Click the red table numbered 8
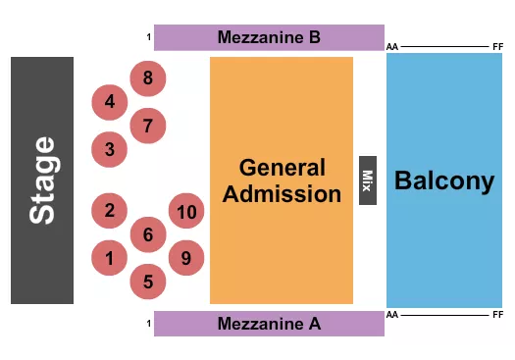tap(148, 77)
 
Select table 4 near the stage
tap(110, 101)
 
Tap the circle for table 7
tap(148, 126)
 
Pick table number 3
tap(110, 150)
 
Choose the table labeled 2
tap(110, 210)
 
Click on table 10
tap(186, 211)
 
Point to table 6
tap(148, 234)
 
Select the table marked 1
tap(110, 259)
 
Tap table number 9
tap(185, 258)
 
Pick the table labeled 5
tap(148, 283)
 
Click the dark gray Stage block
tap(42, 180)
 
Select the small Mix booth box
tap(368, 180)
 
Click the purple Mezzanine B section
tap(269, 38)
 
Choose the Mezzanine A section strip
tap(269, 324)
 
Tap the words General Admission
tap(282, 180)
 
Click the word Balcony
tap(443, 180)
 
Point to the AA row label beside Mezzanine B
tap(392, 46)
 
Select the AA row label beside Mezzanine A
tap(392, 316)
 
